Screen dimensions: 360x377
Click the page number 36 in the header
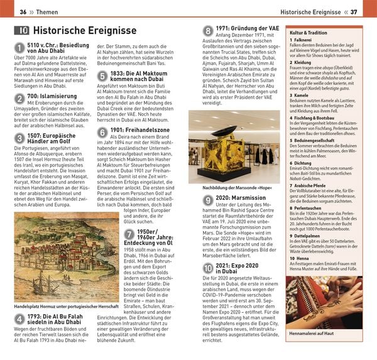click(x=23, y=12)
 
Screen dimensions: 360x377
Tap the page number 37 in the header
click(x=353, y=12)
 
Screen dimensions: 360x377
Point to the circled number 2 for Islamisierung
click(x=19, y=99)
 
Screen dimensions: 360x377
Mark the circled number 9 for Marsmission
click(x=208, y=200)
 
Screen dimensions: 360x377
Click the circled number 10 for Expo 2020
click(x=208, y=269)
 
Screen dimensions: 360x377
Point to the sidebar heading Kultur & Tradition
click(x=308, y=31)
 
